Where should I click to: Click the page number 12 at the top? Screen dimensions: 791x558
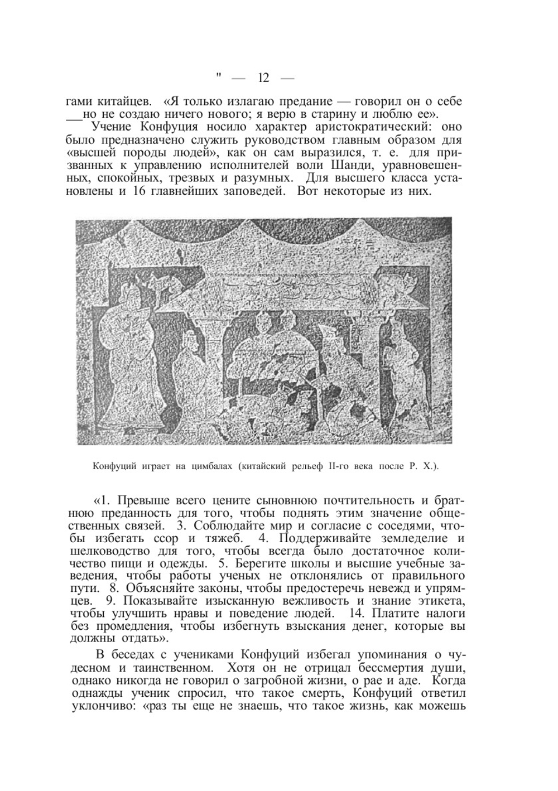pos(264,78)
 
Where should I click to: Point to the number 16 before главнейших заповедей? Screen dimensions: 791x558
pos(140,191)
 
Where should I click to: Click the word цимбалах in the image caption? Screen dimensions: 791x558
pos(211,466)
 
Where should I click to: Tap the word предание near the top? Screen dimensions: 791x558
pos(302,103)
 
